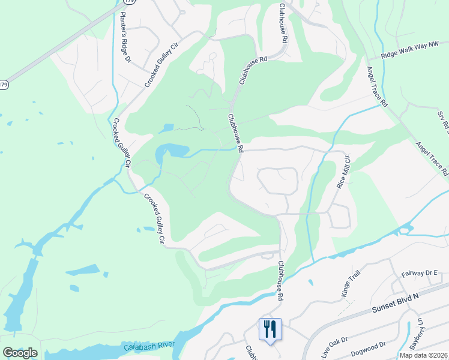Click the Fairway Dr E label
(421, 273)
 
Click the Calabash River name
(149, 347)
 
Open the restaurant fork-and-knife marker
(270, 329)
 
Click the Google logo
(20, 353)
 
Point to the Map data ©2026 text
(424, 355)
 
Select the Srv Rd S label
(442, 121)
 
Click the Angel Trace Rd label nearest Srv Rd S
(432, 159)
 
